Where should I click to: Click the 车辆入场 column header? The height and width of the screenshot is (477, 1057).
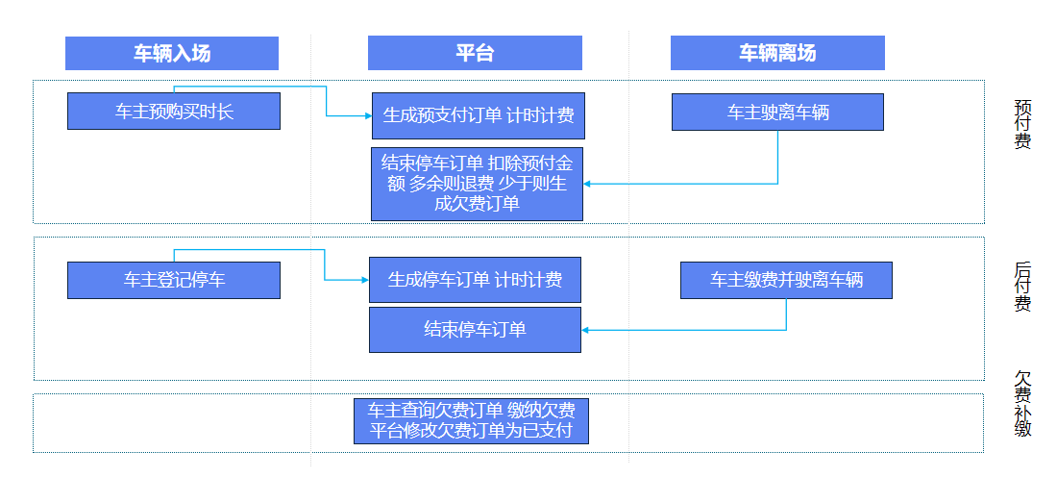(172, 54)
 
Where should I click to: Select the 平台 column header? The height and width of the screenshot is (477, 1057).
(475, 54)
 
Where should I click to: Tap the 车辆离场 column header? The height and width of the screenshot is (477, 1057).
(777, 54)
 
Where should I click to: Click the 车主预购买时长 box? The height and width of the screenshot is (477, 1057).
(174, 112)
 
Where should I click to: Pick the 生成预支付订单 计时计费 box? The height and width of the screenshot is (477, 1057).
(479, 115)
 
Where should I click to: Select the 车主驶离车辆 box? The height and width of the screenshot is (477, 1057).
(777, 113)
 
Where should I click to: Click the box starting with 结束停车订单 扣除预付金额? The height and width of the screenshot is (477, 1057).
(478, 184)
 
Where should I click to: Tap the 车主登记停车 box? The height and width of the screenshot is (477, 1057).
(174, 280)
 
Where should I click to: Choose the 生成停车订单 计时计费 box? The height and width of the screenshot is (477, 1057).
(476, 280)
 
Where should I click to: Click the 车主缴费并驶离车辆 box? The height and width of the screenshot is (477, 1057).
(786, 280)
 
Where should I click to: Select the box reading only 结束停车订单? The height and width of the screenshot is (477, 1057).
(476, 330)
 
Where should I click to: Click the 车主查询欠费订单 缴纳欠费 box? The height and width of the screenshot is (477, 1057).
(471, 420)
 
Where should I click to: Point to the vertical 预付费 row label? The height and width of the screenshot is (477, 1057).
(1022, 124)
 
